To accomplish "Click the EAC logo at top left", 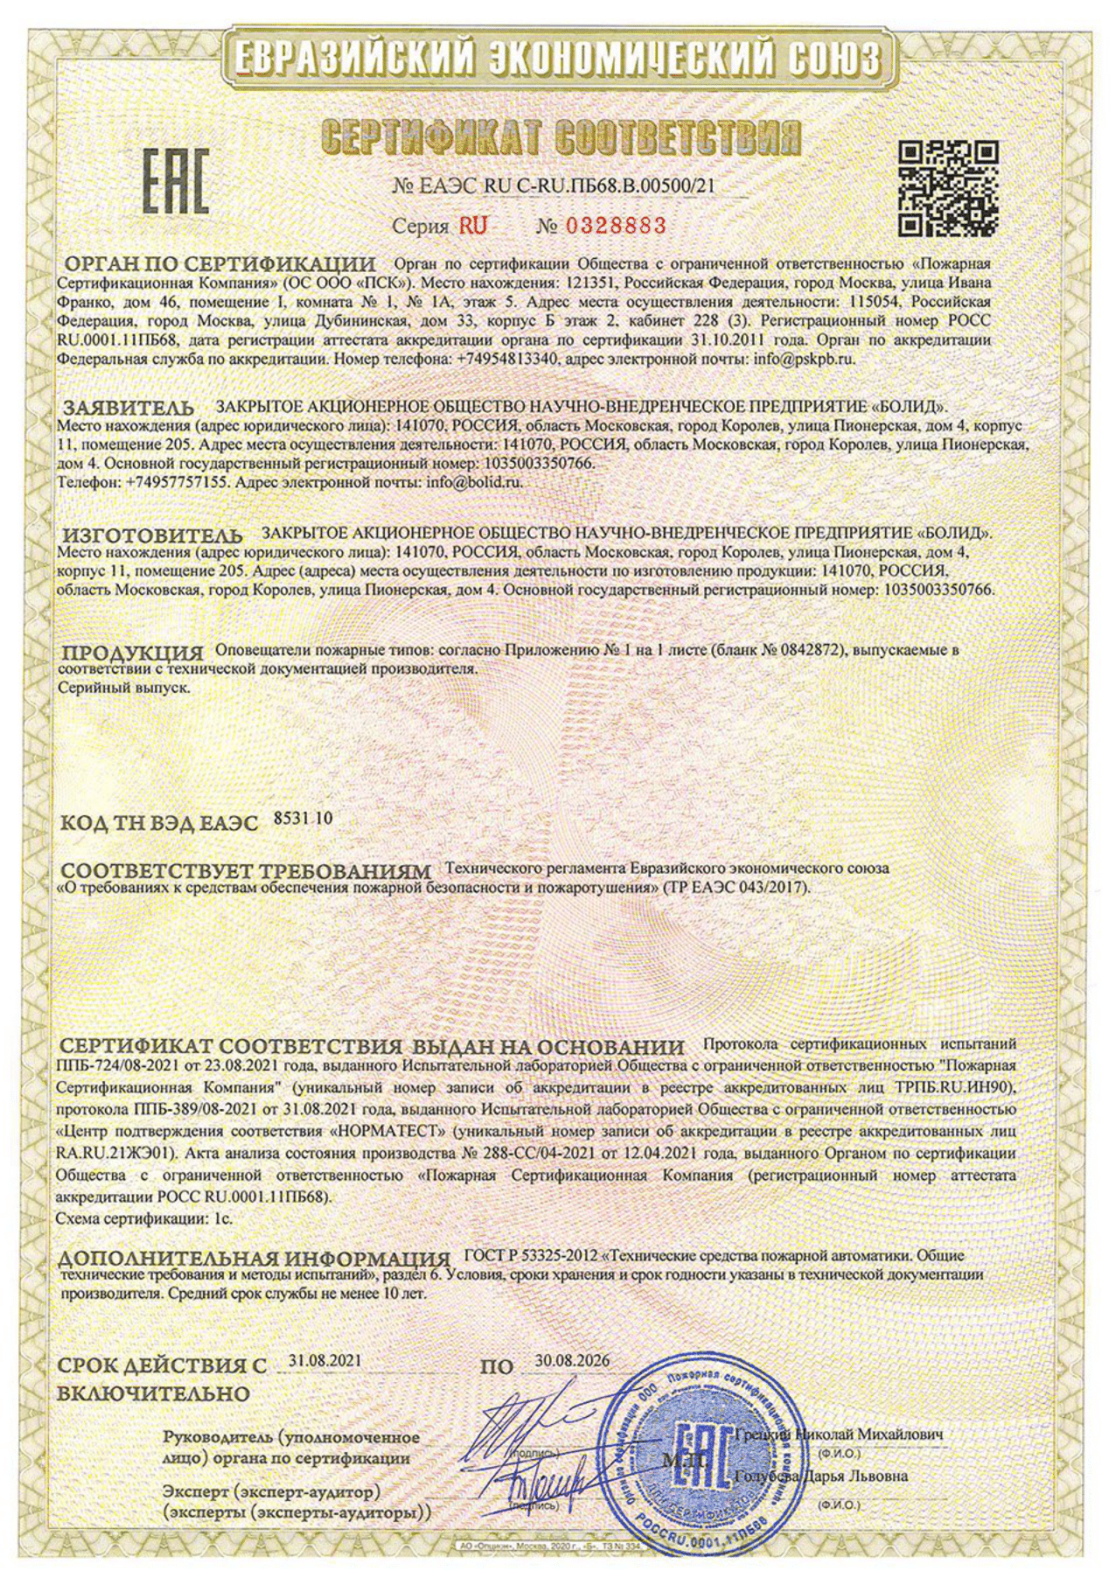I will [x=176, y=182].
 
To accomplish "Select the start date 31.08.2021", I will [x=324, y=1360].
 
